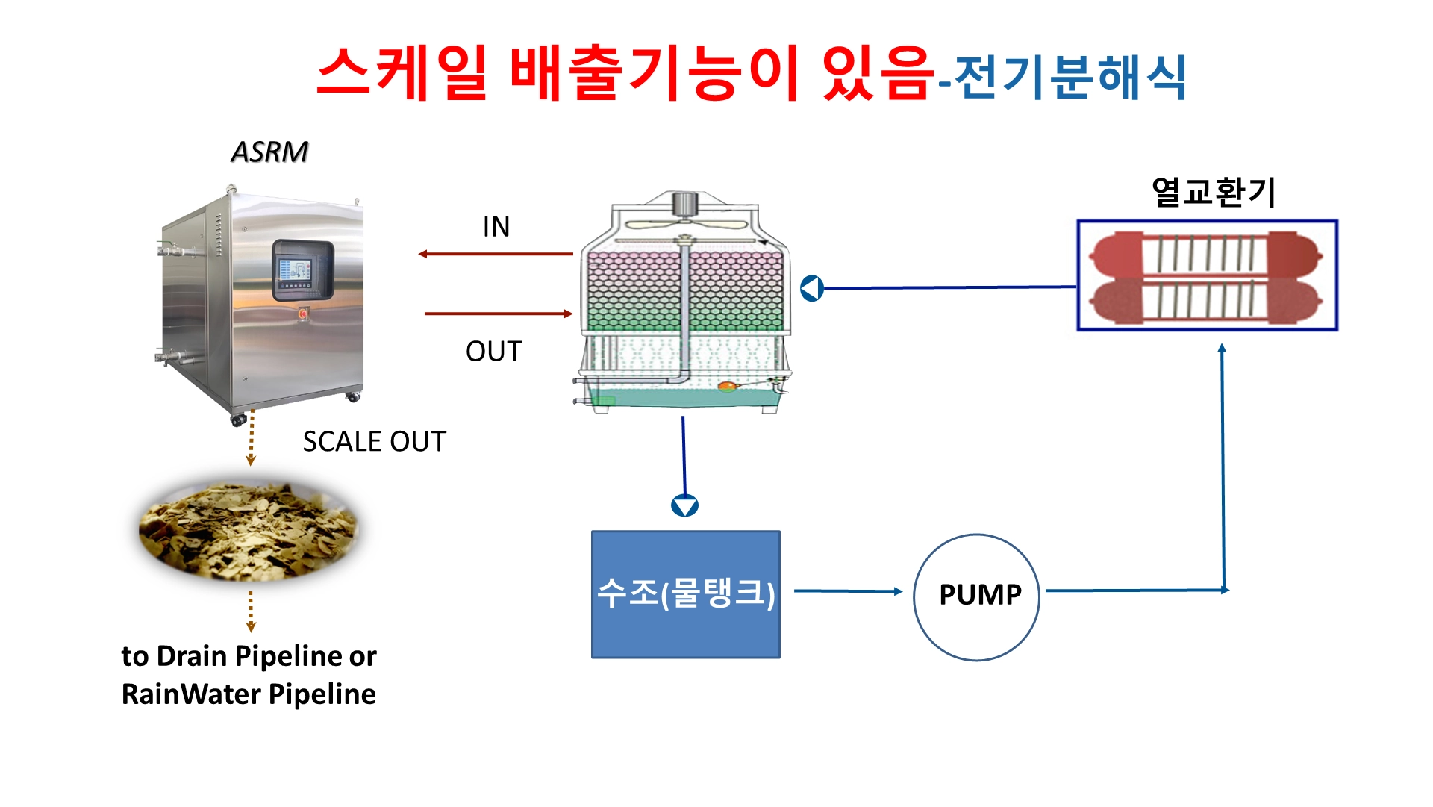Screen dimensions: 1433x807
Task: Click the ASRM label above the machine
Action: point(269,152)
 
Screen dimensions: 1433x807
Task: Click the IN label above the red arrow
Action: point(496,227)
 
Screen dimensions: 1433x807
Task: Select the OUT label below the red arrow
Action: point(493,351)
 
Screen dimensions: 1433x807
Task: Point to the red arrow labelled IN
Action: point(496,254)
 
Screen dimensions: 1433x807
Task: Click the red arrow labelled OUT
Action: point(499,314)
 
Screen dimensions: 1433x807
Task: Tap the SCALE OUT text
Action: point(374,441)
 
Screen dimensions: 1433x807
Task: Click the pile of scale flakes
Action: point(249,530)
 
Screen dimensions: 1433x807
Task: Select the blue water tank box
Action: point(686,594)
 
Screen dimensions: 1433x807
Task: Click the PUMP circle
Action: point(977,597)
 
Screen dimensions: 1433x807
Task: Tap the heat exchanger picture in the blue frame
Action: point(1207,275)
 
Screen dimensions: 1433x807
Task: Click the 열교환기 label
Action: point(1214,192)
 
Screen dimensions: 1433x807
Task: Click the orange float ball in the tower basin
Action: point(726,386)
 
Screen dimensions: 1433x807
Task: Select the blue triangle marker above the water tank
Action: point(684,506)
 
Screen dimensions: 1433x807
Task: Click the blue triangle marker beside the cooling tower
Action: point(811,288)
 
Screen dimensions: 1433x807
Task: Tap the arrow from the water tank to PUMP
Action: point(849,591)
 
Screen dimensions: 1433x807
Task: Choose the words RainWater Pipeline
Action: point(249,694)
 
